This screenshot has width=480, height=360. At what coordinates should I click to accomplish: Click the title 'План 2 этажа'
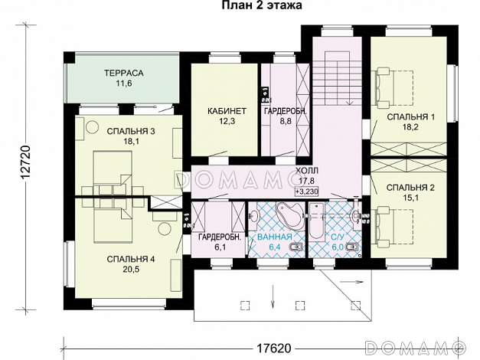coord(262,5)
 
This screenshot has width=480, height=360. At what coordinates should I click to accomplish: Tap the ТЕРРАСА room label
coord(124,73)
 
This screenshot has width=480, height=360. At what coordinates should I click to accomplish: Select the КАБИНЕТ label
coord(227,111)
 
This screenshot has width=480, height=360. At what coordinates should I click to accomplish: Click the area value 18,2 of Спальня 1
coord(410,127)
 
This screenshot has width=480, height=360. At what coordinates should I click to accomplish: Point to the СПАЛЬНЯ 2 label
coord(410,188)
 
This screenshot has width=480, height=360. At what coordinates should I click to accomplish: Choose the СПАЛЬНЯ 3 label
coord(131,132)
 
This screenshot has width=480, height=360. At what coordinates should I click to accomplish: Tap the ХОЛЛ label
coord(307,170)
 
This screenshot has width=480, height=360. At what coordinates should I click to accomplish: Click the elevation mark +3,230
coord(307,191)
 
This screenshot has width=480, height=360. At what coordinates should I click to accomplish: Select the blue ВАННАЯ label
coord(274,237)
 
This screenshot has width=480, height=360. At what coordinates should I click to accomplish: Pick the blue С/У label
coord(338,237)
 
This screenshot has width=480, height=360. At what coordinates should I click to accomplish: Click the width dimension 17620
coord(273,348)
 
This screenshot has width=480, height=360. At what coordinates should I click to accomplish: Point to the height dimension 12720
coord(27,162)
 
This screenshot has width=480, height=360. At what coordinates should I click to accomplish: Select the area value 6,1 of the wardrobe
coord(220,247)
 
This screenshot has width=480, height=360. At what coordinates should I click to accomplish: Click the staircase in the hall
coord(336,79)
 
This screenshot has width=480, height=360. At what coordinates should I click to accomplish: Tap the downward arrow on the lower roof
coord(272,296)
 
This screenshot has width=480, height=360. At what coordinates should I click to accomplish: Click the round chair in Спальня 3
coord(92,126)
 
